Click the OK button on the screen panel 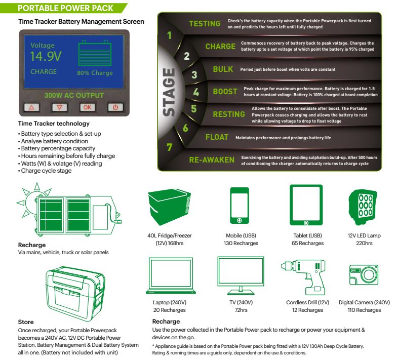(88, 107)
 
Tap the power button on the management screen (115, 107)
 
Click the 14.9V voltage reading (46, 56)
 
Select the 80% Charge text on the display (95, 73)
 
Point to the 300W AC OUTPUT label (74, 95)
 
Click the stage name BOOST (225, 92)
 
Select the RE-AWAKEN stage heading (212, 159)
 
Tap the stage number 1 (170, 36)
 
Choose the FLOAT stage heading (217, 137)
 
